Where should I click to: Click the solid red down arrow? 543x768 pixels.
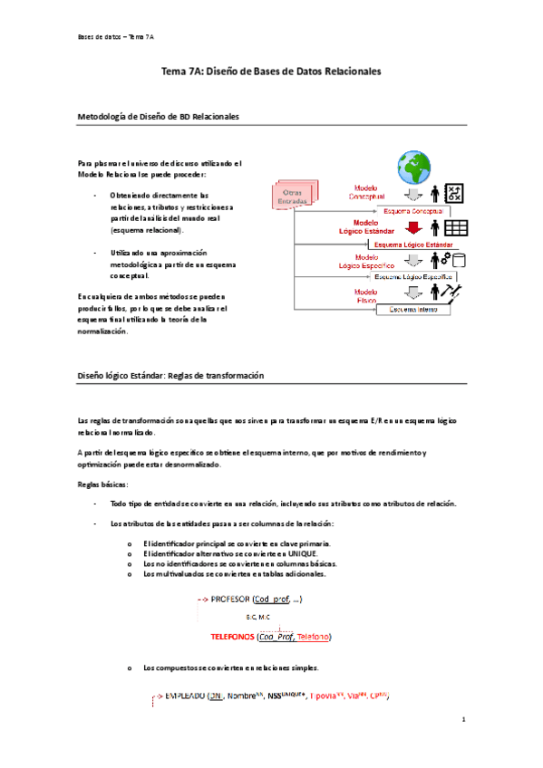coord(413,227)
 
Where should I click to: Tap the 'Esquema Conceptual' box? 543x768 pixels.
coord(412,211)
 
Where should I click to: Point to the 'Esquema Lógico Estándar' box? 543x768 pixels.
coord(413,244)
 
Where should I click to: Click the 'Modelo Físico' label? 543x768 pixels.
coord(366,295)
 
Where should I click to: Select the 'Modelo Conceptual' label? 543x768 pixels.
coord(366,194)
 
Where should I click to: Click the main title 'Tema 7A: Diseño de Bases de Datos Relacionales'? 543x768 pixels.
coord(271,70)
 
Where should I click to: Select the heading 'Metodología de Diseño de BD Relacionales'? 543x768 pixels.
coord(160,117)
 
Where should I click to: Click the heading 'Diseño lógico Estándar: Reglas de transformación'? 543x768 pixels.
coord(170,376)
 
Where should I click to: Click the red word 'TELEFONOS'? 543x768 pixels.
coord(232,637)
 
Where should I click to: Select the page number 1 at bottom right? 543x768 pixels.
coord(462,721)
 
